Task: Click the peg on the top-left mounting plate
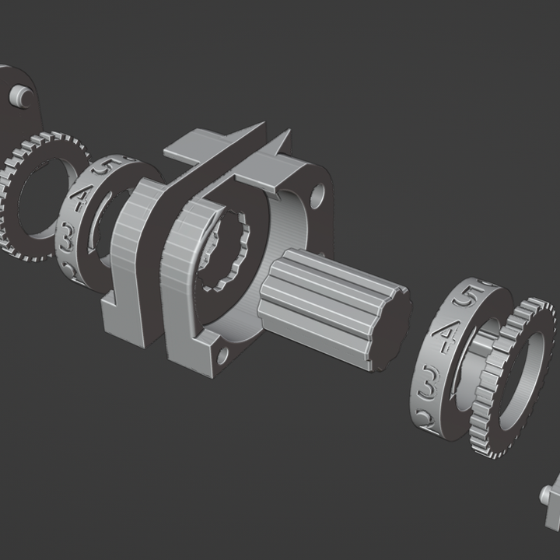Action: pyautogui.click(x=20, y=95)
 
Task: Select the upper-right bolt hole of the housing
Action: pyautogui.click(x=317, y=194)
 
